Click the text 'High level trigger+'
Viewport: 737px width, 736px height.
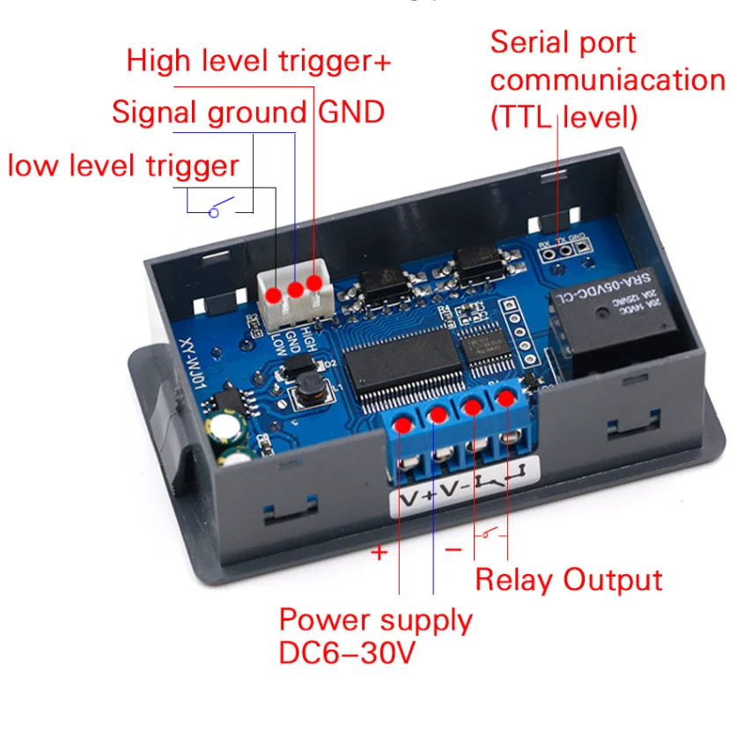[258, 62]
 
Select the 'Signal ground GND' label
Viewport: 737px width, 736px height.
[247, 113]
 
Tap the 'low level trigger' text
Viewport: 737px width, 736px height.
[123, 166]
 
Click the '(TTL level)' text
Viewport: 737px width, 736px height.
[564, 116]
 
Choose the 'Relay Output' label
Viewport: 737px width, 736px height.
[568, 580]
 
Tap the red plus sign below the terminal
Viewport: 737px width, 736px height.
[379, 553]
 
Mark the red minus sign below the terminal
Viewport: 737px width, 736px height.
[453, 550]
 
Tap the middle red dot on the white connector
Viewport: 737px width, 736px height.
[295, 289]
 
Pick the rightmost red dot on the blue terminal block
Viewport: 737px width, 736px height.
[505, 399]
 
